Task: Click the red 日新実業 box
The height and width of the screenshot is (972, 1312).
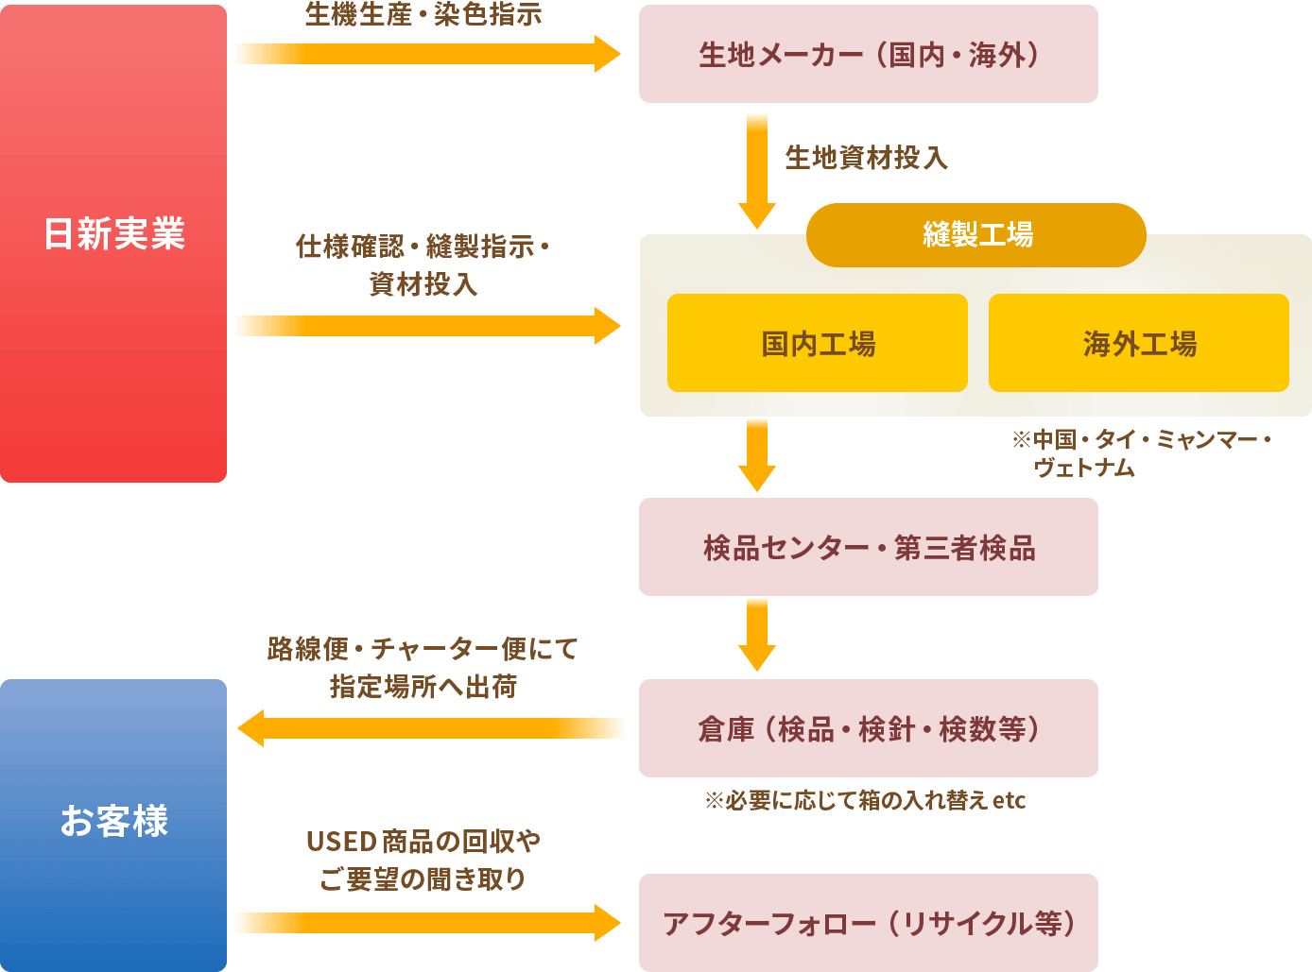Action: pos(113,244)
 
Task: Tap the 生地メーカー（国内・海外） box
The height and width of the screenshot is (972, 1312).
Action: pos(868,54)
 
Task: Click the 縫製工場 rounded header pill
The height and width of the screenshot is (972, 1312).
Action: pos(975,234)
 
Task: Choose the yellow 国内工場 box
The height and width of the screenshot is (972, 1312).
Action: pos(817,343)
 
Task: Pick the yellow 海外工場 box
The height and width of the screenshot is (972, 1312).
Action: pos(1138,343)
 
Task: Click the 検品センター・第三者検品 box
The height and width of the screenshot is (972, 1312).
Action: pos(868,547)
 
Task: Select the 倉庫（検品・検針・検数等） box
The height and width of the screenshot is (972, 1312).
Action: pos(868,728)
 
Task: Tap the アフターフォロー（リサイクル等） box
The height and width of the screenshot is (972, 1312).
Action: pos(868,923)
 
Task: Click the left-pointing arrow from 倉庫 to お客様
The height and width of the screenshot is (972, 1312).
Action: pos(430,728)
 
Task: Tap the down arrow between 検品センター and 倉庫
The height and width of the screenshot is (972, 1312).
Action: pos(756,634)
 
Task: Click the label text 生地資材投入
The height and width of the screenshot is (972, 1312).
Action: pos(866,158)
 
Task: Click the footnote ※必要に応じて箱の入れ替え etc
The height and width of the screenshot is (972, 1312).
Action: pos(864,801)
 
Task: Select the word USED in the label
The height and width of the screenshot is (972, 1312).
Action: pos(341,841)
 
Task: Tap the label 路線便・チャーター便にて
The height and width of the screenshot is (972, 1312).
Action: pos(423,649)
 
